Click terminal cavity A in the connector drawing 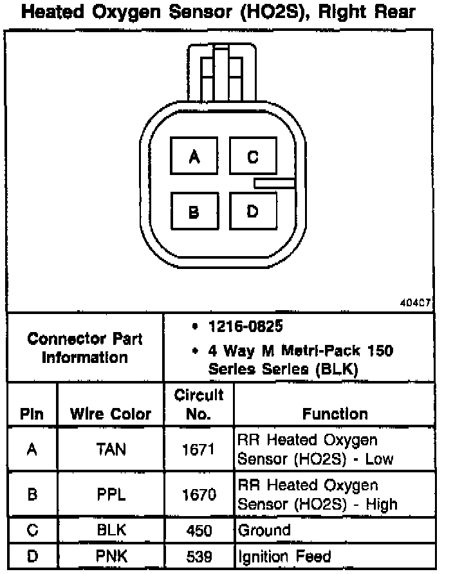tap(194, 157)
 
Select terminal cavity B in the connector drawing tap(194, 212)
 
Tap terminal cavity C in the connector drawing tap(253, 157)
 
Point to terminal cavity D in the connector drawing tap(253, 211)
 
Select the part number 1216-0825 tap(245, 327)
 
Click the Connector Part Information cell tap(85, 347)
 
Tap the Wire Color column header tap(110, 414)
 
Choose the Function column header tap(335, 414)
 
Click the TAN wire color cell tap(110, 450)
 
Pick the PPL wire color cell tap(110, 495)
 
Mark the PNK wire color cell tap(110, 556)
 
